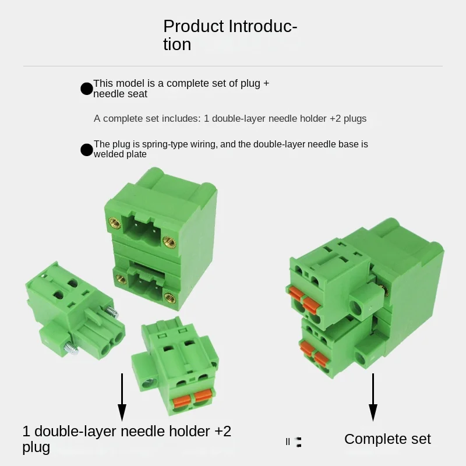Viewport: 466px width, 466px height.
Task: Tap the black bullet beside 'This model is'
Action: point(87,89)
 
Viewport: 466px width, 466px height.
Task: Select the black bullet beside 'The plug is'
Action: point(87,150)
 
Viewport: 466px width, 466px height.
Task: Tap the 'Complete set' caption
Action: point(387,439)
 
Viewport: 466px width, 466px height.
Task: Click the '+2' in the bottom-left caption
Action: point(223,431)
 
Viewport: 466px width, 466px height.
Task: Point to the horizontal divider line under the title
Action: point(233,66)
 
